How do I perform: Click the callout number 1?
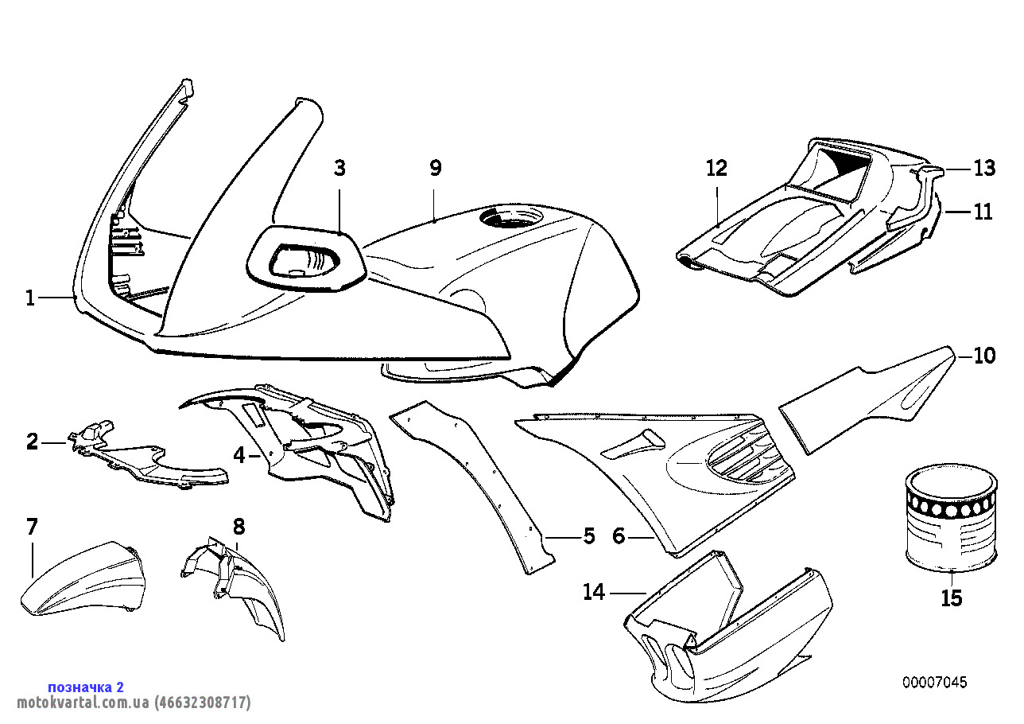click(x=30, y=298)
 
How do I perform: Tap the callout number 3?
click(x=339, y=169)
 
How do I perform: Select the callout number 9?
click(x=436, y=169)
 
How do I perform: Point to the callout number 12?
click(x=716, y=169)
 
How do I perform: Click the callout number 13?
click(x=984, y=169)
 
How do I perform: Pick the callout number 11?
click(x=983, y=212)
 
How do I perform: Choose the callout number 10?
click(x=984, y=356)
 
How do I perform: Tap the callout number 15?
click(x=952, y=598)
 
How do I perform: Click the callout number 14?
click(x=594, y=592)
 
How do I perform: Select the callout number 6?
click(x=619, y=536)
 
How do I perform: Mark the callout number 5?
click(x=589, y=536)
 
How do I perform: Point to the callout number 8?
click(x=239, y=527)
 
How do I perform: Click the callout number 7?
click(x=32, y=527)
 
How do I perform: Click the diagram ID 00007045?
click(x=935, y=683)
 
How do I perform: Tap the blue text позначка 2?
click(x=86, y=687)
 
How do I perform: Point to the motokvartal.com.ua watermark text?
click(x=134, y=703)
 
